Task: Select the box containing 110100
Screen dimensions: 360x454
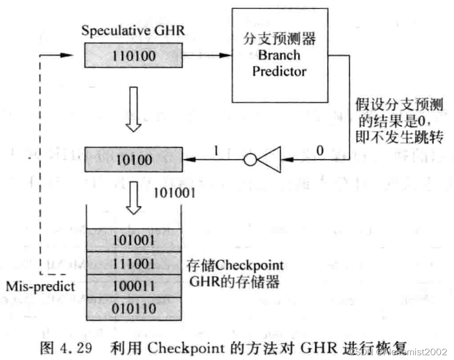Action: tap(134, 56)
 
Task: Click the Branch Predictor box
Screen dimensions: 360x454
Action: tap(279, 56)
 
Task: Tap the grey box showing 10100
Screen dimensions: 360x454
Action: tap(134, 160)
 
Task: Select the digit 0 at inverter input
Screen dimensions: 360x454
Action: tap(320, 150)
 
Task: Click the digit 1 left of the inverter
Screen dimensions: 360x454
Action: tap(216, 150)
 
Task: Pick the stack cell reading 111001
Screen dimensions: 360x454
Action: tap(134, 263)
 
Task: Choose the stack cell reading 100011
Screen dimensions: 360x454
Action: tap(134, 286)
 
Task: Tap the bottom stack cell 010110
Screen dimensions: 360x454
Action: tap(134, 309)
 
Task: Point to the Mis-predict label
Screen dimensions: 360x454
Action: tap(41, 286)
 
